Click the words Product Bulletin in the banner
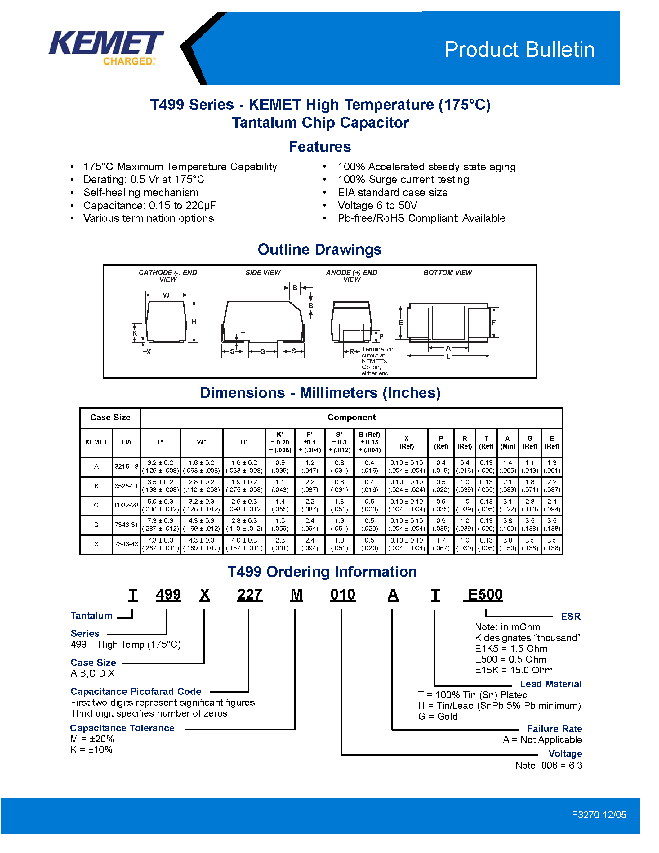(519, 50)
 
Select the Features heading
(319, 147)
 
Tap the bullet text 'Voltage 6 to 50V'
(377, 205)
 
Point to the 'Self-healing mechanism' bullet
(141, 193)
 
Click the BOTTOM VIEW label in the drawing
(447, 273)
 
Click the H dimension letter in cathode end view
(194, 321)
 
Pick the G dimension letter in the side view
(263, 351)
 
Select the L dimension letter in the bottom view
(448, 356)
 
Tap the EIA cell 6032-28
(126, 505)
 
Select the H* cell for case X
(244, 544)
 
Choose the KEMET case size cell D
(96, 525)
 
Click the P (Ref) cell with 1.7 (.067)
(441, 544)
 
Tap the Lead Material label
(550, 684)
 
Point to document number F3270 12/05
(599, 815)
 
